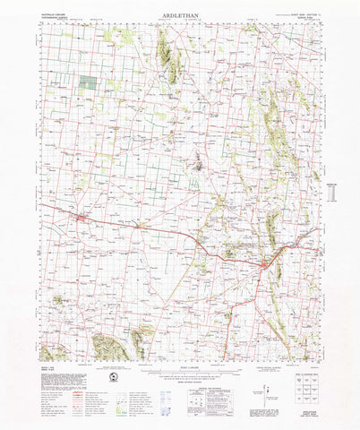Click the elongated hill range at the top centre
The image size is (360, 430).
click(168, 58)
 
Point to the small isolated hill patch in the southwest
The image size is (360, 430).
click(59, 300)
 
